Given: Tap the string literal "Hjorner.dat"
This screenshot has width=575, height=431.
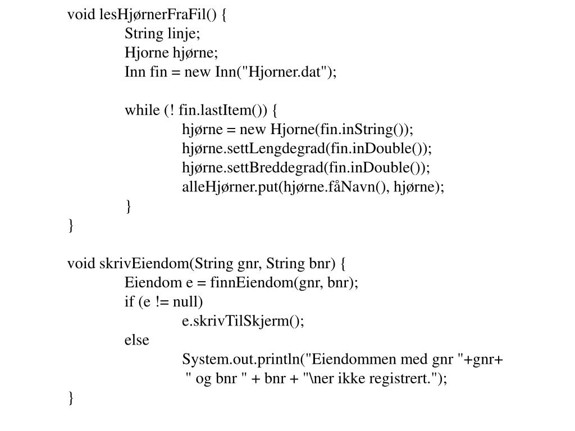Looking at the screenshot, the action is (282, 72).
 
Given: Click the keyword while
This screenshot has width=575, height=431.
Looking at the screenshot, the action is (142, 110).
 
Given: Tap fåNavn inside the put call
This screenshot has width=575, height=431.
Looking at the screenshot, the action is (354, 187).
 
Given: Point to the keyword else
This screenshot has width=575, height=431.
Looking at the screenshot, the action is (137, 340).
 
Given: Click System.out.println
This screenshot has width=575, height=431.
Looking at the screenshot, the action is (241, 359).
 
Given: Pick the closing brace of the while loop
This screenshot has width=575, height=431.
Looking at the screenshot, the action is (129, 207).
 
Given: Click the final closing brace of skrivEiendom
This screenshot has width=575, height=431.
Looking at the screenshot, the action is (71, 398).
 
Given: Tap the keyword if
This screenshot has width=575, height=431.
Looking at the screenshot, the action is (129, 302).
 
